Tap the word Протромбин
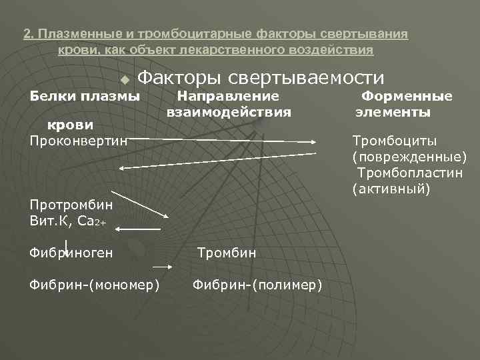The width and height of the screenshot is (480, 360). (x=71, y=204)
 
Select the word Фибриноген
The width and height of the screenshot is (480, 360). (x=71, y=253)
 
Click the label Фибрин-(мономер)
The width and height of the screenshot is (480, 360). (x=94, y=285)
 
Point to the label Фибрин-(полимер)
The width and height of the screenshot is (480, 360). (x=257, y=285)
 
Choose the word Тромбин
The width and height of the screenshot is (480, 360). (x=227, y=253)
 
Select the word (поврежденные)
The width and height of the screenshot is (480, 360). (x=409, y=157)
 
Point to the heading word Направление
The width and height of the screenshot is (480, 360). (x=227, y=96)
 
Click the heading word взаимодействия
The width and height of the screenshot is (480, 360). (x=229, y=112)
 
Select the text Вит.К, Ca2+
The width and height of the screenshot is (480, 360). (x=67, y=219)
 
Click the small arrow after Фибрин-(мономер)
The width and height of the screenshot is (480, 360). (x=168, y=266)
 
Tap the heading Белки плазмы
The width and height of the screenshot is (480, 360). (x=85, y=96)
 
